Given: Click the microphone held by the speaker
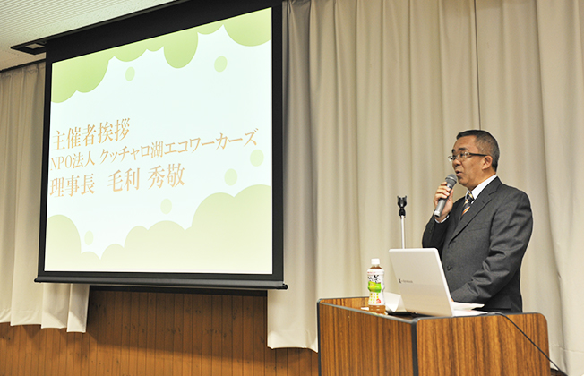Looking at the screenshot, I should click(x=445, y=196).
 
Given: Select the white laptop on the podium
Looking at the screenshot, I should click(x=421, y=281).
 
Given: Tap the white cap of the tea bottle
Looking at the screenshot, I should click(x=375, y=262).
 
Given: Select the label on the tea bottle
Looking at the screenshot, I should click(x=375, y=288).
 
